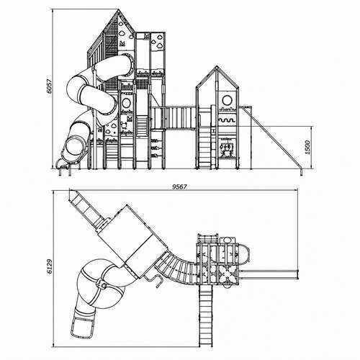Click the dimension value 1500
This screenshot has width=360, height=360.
(307, 147)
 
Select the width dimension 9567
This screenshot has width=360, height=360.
(179, 186)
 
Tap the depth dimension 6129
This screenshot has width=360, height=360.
(50, 266)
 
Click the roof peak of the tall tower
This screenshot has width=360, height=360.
(118, 9)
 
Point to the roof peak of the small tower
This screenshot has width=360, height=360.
(217, 67)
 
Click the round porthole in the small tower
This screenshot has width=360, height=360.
(227, 100)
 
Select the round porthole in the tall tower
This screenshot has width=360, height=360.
(126, 103)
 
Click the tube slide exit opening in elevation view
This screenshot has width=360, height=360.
(73, 145)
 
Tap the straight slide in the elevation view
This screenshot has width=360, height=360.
(272, 139)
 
